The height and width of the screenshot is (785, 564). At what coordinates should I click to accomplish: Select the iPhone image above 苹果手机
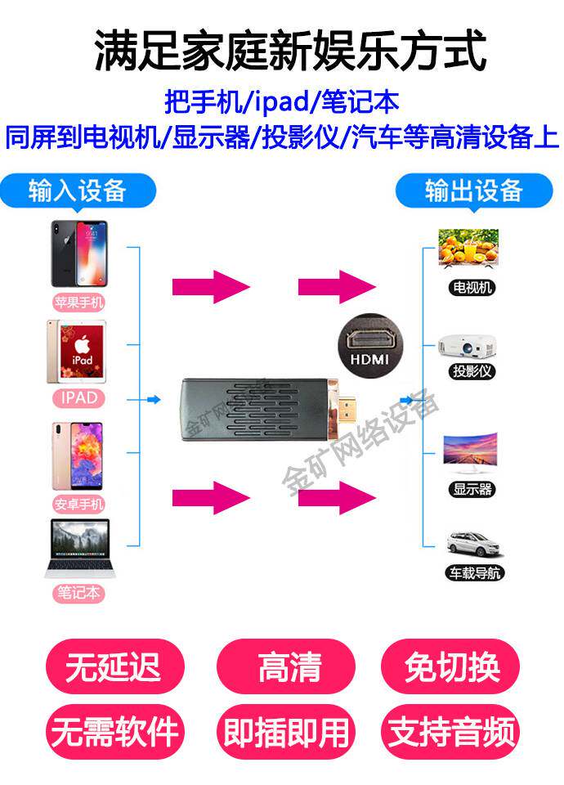(x=79, y=252)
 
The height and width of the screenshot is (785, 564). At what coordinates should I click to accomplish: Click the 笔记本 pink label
(x=79, y=593)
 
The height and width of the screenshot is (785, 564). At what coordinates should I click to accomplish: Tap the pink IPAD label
(x=79, y=398)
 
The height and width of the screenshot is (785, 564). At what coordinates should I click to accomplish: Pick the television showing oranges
(x=468, y=249)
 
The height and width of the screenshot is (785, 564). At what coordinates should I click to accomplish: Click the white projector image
(x=468, y=344)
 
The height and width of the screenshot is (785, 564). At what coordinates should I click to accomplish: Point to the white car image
(x=470, y=543)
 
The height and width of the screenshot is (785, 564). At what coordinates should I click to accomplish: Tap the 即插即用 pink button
(x=286, y=731)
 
